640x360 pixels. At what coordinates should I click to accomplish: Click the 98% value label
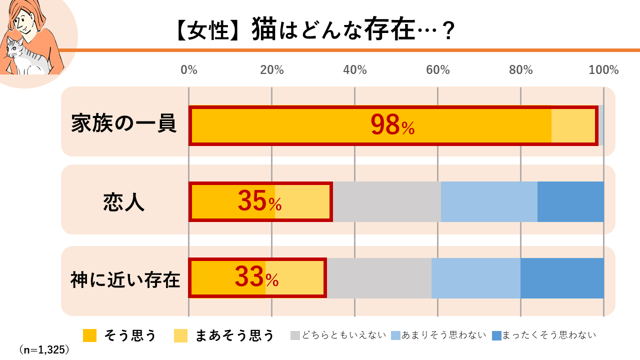click(392, 125)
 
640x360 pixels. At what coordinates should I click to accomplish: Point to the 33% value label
click(256, 277)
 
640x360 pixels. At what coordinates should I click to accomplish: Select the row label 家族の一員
click(124, 123)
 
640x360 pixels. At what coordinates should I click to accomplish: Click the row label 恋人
click(124, 202)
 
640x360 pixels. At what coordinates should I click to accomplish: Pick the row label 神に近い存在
click(125, 279)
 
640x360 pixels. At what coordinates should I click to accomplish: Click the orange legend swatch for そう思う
click(89, 335)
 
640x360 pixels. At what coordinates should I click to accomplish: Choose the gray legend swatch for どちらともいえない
click(296, 335)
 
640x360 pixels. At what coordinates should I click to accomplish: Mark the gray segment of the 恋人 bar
click(386, 201)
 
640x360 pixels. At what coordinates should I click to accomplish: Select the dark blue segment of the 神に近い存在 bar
click(562, 278)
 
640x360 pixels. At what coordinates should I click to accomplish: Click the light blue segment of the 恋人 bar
click(489, 201)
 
